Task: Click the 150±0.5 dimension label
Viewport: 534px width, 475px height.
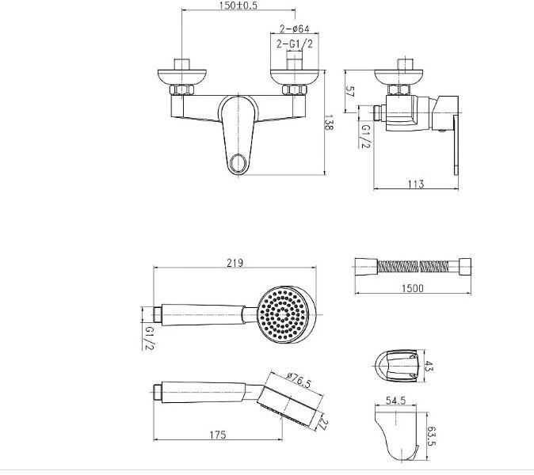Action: click(x=238, y=5)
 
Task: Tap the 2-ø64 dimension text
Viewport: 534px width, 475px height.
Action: click(x=295, y=28)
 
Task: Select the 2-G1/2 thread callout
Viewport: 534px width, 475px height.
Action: click(x=295, y=44)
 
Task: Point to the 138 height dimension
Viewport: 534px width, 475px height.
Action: click(x=329, y=123)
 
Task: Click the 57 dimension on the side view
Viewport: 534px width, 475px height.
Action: click(x=350, y=92)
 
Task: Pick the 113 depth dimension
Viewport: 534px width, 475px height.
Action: click(x=416, y=184)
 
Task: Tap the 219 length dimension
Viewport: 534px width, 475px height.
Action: click(x=235, y=263)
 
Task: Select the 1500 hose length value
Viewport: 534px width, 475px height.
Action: click(x=413, y=288)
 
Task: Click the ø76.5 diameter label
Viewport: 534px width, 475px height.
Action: click(x=299, y=380)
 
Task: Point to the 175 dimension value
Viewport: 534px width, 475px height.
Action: click(x=218, y=435)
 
